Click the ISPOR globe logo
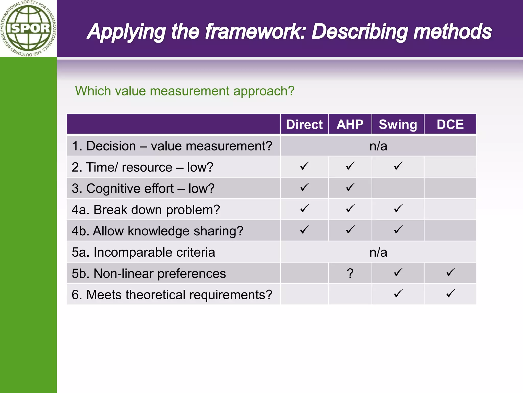coord(28,28)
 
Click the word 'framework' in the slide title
coord(255,32)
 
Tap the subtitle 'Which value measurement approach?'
coord(185,91)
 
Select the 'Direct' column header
coord(304,125)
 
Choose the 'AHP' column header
coord(350,125)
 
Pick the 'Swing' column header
coord(398,125)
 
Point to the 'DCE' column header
coord(450,125)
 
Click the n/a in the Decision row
coord(378,146)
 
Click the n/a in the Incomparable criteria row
coord(378,252)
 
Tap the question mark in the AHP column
coord(350,274)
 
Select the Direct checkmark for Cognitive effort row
coord(304,188)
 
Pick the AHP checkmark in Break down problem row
coord(350,209)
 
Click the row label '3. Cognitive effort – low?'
coord(143,189)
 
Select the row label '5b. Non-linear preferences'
coord(149,274)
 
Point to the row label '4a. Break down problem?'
coord(146,210)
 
